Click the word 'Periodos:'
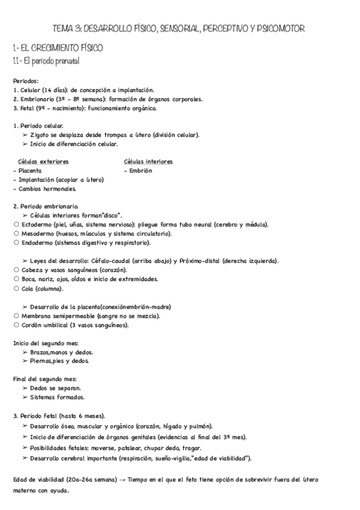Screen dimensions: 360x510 (26, 81)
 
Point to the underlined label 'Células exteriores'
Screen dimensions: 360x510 (43, 161)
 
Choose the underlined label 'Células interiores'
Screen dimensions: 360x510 (148, 161)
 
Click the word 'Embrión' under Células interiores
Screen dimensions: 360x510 (140, 170)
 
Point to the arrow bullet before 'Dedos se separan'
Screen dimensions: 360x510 (25, 388)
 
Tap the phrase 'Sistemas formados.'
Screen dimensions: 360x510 (57, 397)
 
